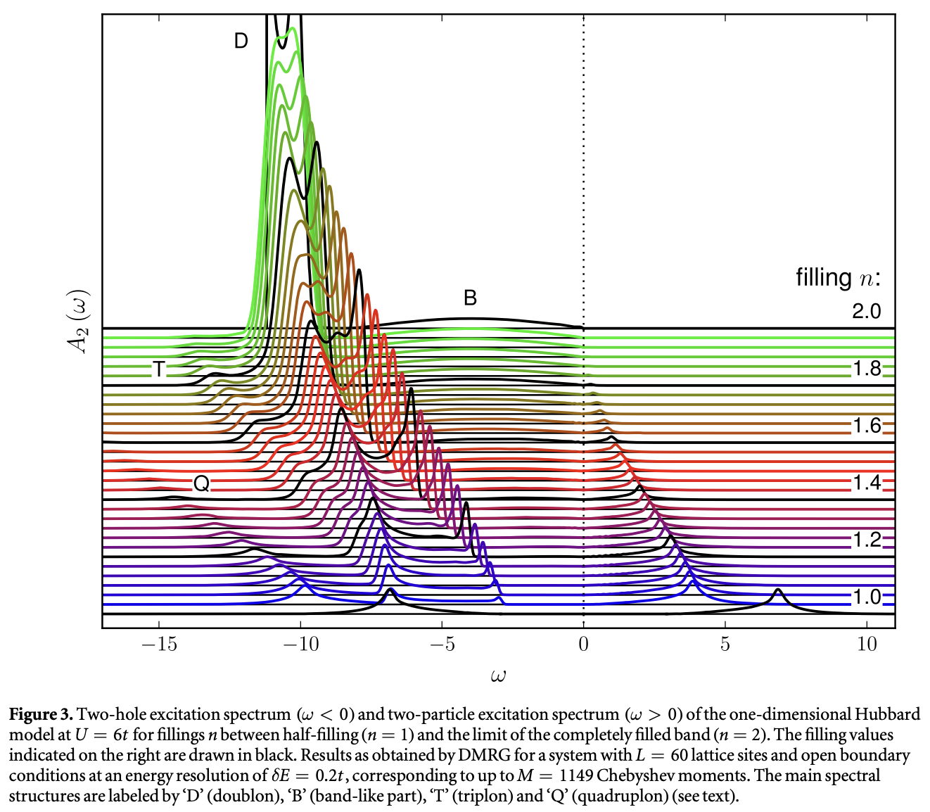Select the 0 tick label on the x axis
583,644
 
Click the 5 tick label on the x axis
725,644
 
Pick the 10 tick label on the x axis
867,644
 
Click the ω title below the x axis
499,677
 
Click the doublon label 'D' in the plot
241,41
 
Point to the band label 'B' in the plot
470,298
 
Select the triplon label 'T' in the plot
160,369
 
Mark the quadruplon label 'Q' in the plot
201,483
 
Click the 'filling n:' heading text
838,278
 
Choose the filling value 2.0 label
866,311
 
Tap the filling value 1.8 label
867,368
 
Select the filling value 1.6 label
867,426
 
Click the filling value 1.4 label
867,483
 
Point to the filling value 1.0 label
867,597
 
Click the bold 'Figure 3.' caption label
41,715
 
